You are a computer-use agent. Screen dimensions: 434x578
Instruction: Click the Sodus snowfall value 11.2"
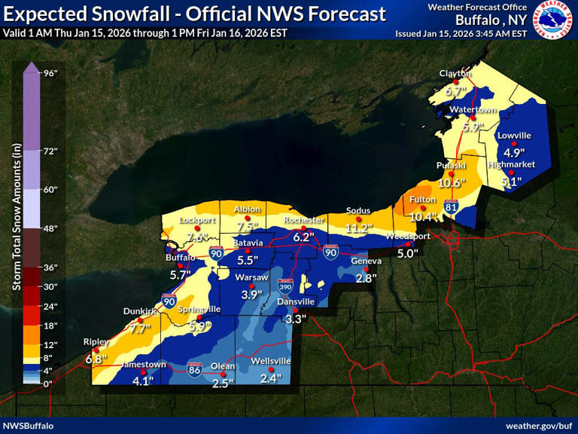coord(359,228)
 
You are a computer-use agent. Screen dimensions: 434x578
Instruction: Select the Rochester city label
coord(303,220)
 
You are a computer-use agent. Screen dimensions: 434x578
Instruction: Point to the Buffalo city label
coord(180,257)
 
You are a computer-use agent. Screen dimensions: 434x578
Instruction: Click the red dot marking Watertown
coord(473,118)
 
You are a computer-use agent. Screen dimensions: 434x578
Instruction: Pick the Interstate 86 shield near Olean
coord(195,371)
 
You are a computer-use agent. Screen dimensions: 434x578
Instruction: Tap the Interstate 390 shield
coord(285,286)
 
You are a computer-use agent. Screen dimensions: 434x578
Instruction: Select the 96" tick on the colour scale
coord(50,73)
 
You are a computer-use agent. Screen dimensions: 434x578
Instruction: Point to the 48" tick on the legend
coord(50,228)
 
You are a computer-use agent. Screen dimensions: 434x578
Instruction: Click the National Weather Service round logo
coord(553,20)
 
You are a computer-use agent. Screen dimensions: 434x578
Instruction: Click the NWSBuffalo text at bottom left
coord(28,426)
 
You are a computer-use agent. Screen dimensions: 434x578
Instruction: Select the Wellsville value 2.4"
coord(270,378)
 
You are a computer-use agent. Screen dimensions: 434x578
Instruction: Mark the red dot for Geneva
coord(367,269)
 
